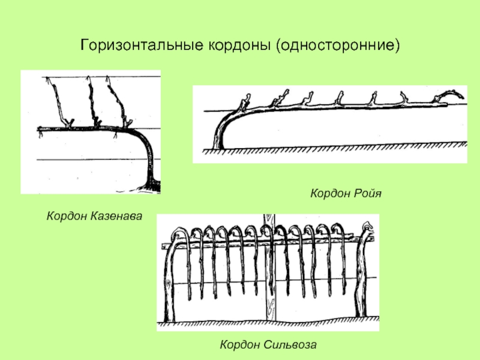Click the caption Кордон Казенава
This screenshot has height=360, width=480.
[x=95, y=214]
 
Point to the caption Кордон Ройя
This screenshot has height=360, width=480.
[x=346, y=194]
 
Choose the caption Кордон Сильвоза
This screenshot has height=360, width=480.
[x=268, y=344]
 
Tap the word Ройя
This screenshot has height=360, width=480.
[x=367, y=194]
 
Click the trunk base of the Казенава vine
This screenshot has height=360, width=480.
[x=152, y=183]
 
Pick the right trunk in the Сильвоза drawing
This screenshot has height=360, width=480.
[x=362, y=276]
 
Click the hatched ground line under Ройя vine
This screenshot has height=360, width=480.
[x=336, y=148]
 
